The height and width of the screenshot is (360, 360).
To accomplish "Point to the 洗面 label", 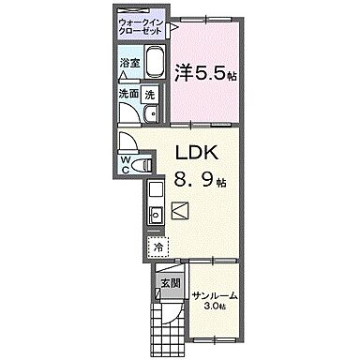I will (128, 94).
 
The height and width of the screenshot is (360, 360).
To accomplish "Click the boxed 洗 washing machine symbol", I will (150, 94).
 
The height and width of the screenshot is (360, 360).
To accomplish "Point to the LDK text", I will (198, 153).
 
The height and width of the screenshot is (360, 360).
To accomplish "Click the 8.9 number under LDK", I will (196, 179).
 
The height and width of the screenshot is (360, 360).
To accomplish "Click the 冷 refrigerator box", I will (157, 247).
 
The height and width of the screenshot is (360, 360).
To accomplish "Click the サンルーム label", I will (216, 296).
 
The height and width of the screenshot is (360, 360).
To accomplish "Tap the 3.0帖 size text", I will (217, 307).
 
